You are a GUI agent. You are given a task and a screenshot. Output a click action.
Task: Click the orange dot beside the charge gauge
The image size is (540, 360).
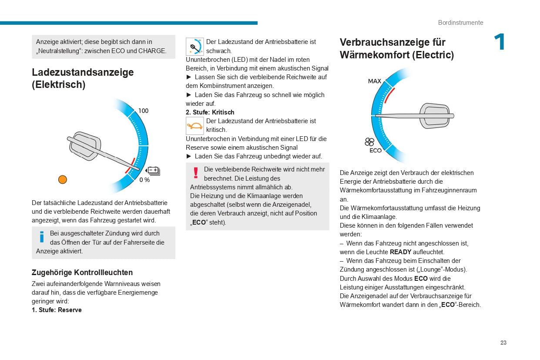[x=63, y=179]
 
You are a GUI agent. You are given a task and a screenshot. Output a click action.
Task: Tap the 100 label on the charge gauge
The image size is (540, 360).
[x=143, y=111]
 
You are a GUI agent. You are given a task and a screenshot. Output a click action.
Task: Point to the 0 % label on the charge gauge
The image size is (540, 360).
[x=144, y=180]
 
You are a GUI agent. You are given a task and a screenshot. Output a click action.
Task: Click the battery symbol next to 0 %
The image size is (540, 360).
[x=154, y=171]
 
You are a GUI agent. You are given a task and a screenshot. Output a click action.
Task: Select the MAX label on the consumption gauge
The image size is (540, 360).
[x=374, y=81]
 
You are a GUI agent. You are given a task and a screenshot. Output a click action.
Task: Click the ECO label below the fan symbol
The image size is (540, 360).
[x=375, y=151]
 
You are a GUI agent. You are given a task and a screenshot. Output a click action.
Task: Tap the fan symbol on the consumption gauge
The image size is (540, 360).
[x=369, y=142]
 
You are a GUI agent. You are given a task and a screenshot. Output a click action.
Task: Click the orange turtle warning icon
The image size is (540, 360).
[x=195, y=126]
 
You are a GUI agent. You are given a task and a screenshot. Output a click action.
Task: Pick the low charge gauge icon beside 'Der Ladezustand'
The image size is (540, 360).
[x=195, y=47]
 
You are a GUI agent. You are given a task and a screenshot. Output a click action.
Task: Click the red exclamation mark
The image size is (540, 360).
[x=196, y=173]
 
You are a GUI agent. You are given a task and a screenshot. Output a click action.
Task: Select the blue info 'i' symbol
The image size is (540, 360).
[x=42, y=237]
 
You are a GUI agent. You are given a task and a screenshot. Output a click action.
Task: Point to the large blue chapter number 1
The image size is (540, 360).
[x=499, y=43]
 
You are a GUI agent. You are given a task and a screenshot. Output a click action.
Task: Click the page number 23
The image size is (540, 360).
[x=503, y=343]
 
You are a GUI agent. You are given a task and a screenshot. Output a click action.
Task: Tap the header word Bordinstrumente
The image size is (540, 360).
[x=460, y=23]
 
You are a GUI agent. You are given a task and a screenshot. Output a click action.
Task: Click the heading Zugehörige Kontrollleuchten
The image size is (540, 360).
[x=82, y=273]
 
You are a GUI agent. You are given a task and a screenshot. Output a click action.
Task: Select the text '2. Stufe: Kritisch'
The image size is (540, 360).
[x=210, y=112]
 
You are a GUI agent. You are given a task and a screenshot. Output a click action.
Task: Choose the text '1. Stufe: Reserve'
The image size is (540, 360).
[x=57, y=310]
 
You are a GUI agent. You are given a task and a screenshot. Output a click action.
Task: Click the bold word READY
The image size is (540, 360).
[x=400, y=252]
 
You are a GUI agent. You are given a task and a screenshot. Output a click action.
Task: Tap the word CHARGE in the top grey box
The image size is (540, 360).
[x=152, y=51]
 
